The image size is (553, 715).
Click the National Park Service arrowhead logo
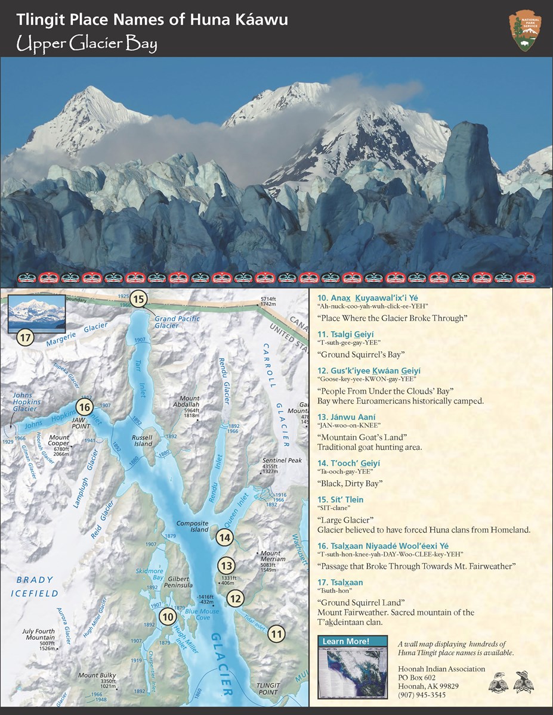coord(524,30)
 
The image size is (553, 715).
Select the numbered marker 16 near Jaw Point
coord(84,408)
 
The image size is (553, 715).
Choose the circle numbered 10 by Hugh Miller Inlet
coord(168,617)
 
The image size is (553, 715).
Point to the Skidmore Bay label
coord(150,574)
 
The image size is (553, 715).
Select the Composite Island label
coord(193,526)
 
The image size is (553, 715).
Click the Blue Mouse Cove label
coord(197,614)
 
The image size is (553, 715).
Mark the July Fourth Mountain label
coord(39,635)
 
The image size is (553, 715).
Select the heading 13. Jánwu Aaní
coord(344,417)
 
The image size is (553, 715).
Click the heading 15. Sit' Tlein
coord(340,499)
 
